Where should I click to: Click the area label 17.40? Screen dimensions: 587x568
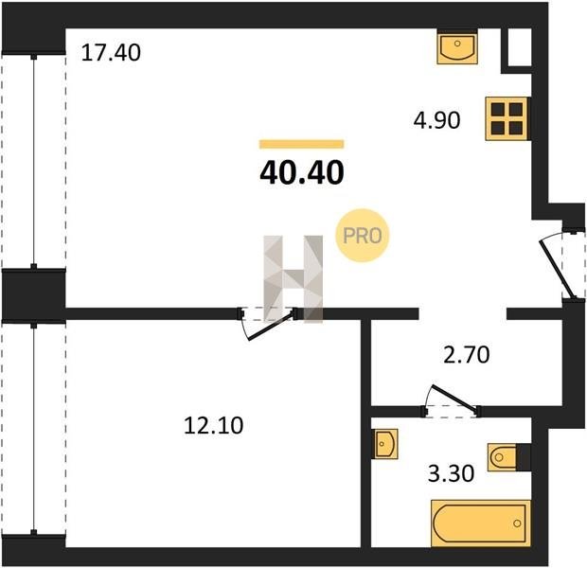(x=111, y=52)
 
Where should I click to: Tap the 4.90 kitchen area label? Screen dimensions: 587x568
(x=436, y=120)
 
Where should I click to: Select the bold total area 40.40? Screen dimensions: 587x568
(x=302, y=172)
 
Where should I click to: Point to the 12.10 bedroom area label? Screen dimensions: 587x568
(x=213, y=425)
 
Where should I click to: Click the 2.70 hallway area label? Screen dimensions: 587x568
(x=466, y=355)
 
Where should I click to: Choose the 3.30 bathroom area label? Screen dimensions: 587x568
(x=451, y=473)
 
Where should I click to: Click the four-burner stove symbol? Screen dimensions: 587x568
(x=507, y=118)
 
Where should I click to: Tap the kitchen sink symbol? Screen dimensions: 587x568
(x=457, y=47)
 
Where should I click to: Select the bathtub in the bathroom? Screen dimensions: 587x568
(x=481, y=524)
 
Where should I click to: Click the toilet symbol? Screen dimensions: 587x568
(x=503, y=457)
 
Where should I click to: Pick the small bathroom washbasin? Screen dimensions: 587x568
(x=385, y=444)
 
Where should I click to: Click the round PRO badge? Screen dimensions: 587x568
(x=362, y=236)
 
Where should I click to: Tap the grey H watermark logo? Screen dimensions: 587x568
(x=293, y=279)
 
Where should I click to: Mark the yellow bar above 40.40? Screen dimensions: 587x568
(x=302, y=144)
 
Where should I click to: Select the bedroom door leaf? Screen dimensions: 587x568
(x=270, y=326)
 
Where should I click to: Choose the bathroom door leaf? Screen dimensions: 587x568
(x=454, y=397)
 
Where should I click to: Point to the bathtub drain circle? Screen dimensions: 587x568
(x=517, y=524)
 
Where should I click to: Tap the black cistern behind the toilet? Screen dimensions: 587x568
(x=524, y=457)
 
